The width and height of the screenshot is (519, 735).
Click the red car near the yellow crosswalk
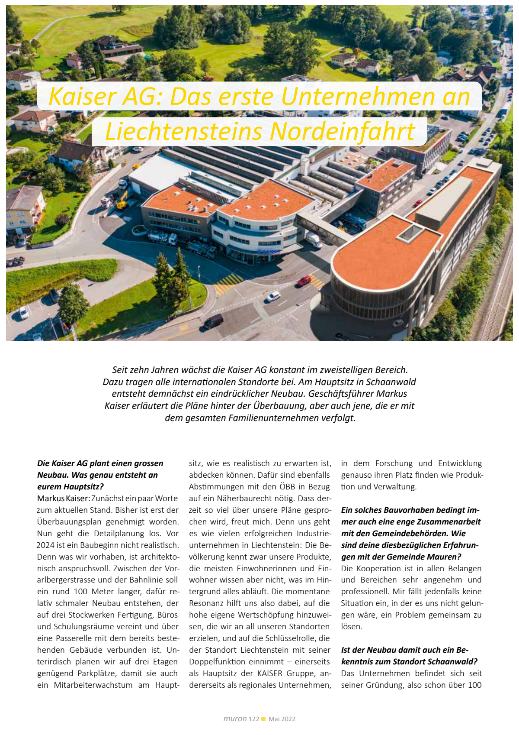pos(304,281)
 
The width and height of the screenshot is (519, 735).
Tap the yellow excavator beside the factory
pos(122,201)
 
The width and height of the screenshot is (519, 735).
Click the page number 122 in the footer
pos(254,719)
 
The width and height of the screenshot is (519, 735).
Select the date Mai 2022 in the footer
pos(282,719)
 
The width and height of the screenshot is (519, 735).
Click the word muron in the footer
pos(235,719)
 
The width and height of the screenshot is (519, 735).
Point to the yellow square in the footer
pos(263,719)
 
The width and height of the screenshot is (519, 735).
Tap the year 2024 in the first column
pos(45,545)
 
